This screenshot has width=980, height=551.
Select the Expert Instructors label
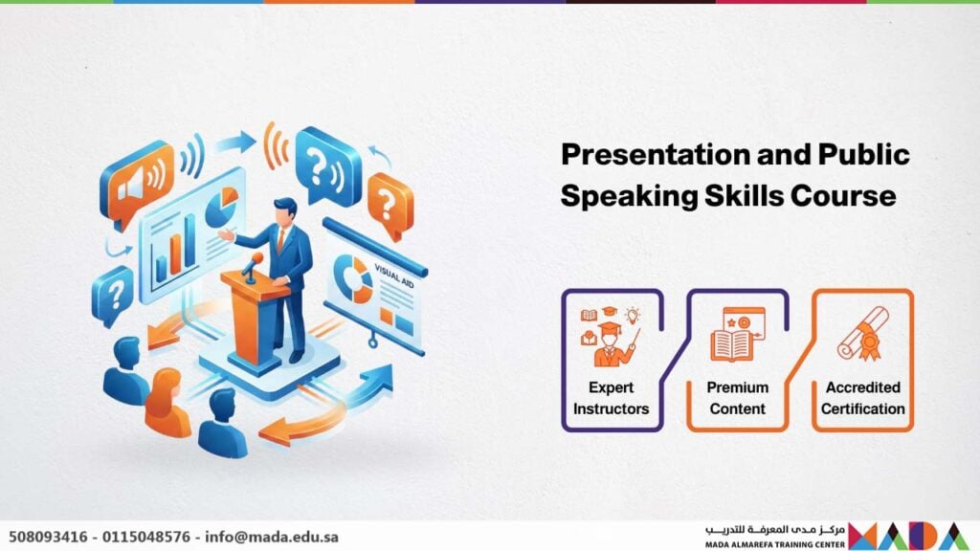[611, 398]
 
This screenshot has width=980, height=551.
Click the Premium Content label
[738, 398]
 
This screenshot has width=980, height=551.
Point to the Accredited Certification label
[862, 398]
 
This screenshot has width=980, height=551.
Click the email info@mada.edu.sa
[271, 538]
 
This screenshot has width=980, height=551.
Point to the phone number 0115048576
[146, 538]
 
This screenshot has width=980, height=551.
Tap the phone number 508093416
[48, 538]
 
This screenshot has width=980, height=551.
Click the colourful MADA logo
[910, 536]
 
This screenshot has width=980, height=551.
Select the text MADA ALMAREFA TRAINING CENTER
[775, 544]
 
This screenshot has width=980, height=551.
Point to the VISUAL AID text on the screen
[393, 275]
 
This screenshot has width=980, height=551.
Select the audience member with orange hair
[167, 403]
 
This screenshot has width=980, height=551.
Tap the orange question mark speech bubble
[390, 206]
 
